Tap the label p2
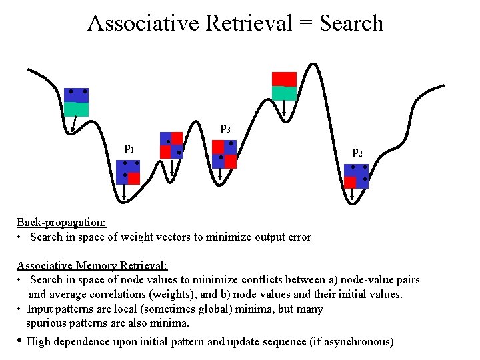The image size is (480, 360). pyautogui.click(x=357, y=153)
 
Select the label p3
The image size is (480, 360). pyautogui.click(x=225, y=127)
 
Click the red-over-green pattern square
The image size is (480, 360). pyautogui.click(x=285, y=86)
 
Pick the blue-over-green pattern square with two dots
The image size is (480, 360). pyautogui.click(x=77, y=102)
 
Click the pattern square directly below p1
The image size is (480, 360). pyautogui.click(x=127, y=172)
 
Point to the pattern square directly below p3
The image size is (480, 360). pyautogui.click(x=225, y=154)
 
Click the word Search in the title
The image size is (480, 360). pyautogui.click(x=351, y=23)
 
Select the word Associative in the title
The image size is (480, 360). pyautogui.click(x=143, y=23)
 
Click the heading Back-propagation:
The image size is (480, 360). pyautogui.click(x=61, y=222)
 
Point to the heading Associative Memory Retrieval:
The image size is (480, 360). pyautogui.click(x=92, y=265)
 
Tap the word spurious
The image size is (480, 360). pyautogui.click(x=45, y=323)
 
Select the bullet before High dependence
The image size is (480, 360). pyautogui.click(x=20, y=341)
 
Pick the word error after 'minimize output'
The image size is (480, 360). pyautogui.click(x=297, y=237)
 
